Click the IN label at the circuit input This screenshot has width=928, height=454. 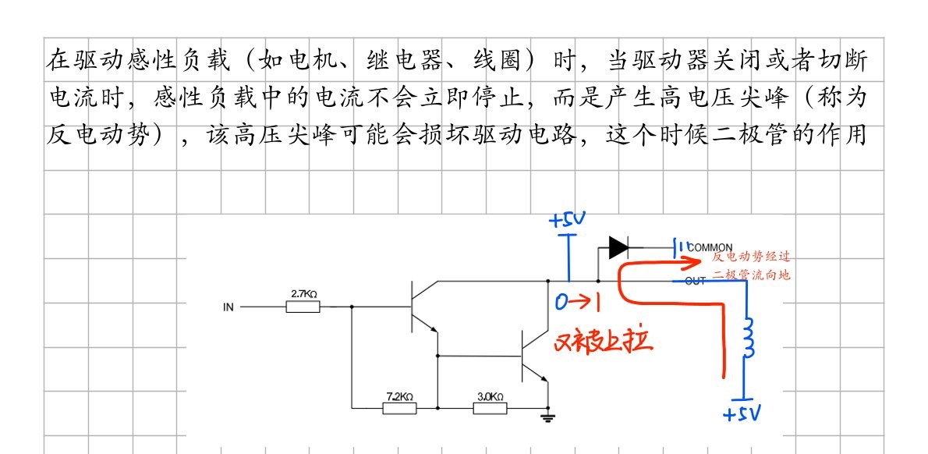click(x=228, y=307)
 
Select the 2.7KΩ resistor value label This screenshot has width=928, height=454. click(x=304, y=293)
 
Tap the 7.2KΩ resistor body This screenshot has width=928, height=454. click(x=399, y=407)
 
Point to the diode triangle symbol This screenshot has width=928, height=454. click(x=618, y=247)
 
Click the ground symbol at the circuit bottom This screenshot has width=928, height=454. click(x=547, y=418)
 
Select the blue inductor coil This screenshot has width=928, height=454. click(x=749, y=338)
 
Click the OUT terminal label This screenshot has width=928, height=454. click(x=695, y=281)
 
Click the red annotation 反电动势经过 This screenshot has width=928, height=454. click(x=751, y=257)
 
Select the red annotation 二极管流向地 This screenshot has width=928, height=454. click(x=751, y=274)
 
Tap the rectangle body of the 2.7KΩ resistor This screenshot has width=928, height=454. click(x=303, y=307)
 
